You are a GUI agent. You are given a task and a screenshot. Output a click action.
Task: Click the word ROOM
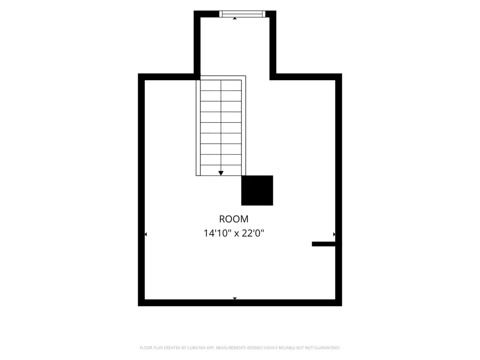pos(233,219)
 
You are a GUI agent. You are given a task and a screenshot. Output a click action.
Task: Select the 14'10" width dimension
pos(217,233)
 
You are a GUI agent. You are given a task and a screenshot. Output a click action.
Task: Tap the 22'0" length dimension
pos(253,233)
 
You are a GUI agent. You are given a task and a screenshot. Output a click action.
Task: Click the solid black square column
pos(257,190)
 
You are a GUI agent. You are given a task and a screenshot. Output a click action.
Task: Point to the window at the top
pos(242,14)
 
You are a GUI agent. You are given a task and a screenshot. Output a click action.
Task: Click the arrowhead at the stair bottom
pos(221,173)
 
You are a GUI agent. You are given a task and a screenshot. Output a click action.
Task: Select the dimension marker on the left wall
pos(146,234)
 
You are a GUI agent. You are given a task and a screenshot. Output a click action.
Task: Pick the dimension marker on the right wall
pos(334,234)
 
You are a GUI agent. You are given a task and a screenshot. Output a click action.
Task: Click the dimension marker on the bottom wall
pos(235,299)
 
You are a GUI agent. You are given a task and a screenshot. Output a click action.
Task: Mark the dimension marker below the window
pos(235,18)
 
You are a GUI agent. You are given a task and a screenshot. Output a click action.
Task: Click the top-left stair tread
pos(210,85)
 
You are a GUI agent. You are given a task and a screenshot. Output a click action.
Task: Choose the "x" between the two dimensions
pos(236,234)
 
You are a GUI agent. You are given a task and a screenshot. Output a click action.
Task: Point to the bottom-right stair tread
pos(231,170)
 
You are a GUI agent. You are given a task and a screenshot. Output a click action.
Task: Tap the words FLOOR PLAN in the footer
pos(151,348)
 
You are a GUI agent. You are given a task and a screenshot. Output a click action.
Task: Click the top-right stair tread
pos(231,85)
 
